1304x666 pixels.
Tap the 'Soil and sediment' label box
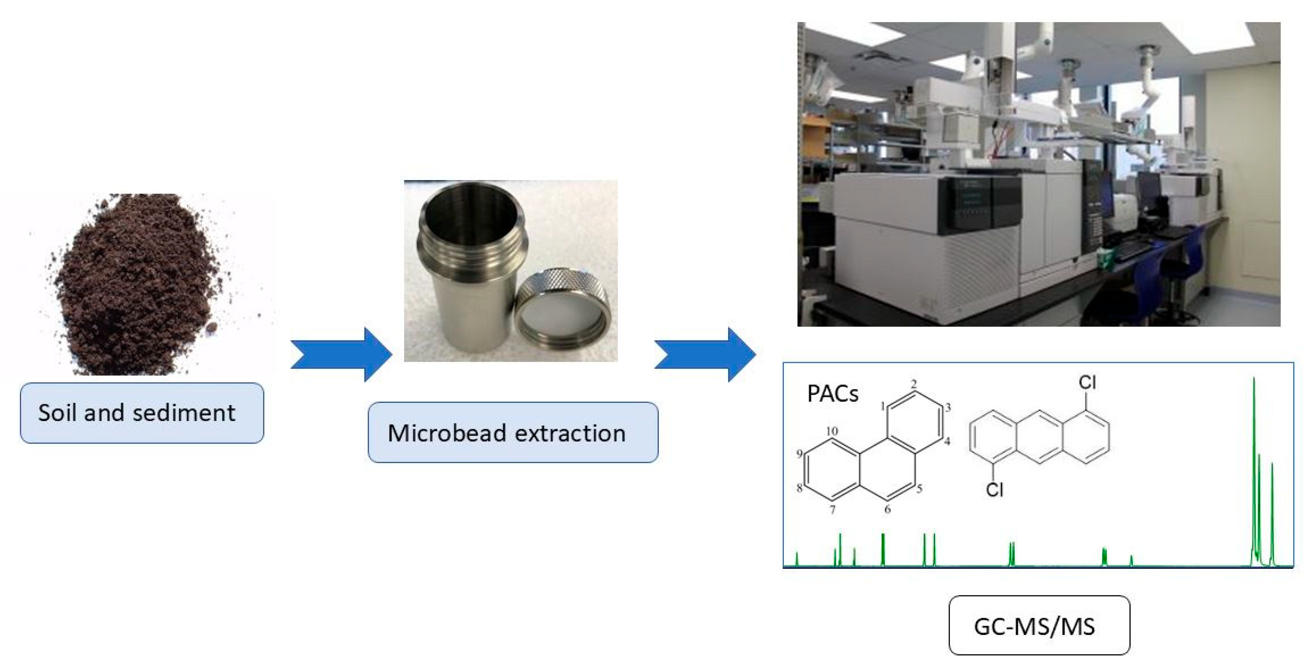(x=142, y=413)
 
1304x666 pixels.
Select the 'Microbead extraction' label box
(x=513, y=432)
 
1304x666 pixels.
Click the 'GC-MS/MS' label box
(x=1039, y=626)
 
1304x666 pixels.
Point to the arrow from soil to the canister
(x=342, y=354)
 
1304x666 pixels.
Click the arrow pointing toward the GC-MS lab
(x=705, y=354)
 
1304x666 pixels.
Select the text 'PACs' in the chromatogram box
(x=833, y=393)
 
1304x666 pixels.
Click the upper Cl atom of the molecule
(x=1087, y=382)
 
